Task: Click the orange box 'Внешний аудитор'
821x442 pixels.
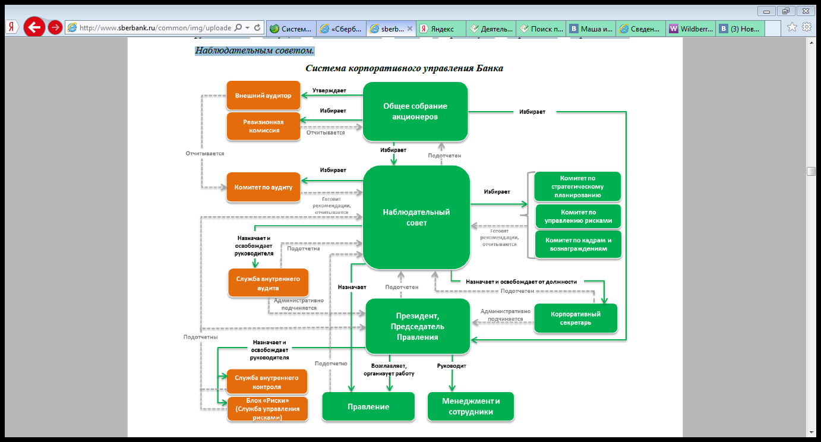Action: tap(263, 95)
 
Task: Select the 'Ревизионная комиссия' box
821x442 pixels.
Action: tap(264, 126)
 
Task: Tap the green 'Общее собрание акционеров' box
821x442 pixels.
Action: tap(415, 112)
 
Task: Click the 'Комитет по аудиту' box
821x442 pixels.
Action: tap(263, 187)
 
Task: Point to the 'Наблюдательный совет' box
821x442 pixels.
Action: tap(416, 217)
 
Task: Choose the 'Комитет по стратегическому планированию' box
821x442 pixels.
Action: tap(577, 187)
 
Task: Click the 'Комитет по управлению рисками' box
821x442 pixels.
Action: tap(579, 216)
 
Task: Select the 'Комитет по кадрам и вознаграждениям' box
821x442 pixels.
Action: tap(579, 244)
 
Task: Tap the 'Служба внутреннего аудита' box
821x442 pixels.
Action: tap(268, 283)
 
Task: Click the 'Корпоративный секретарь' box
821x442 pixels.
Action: tap(576, 318)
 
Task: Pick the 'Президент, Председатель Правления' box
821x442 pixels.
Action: tap(418, 327)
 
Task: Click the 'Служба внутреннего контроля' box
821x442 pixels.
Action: tap(267, 382)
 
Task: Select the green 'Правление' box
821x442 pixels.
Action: tap(368, 406)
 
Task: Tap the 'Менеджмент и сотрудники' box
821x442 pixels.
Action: tap(471, 406)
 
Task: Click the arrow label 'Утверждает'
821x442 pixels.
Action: tap(329, 90)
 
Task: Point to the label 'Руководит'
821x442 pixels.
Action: tap(451, 366)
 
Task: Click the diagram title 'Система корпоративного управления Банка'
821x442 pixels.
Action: tap(405, 68)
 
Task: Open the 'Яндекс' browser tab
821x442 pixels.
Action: tap(441, 29)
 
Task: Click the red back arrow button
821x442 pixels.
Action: tap(34, 27)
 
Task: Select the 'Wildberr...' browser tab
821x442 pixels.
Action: tap(690, 29)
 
